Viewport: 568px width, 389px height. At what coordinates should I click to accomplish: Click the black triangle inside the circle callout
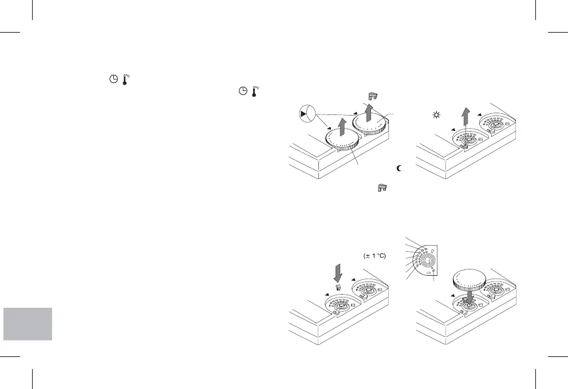303,115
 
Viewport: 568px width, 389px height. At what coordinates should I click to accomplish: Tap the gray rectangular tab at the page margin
27,324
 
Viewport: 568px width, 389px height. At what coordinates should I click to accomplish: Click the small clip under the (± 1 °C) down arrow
338,287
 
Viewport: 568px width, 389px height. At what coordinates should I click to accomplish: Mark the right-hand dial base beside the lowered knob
500,291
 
